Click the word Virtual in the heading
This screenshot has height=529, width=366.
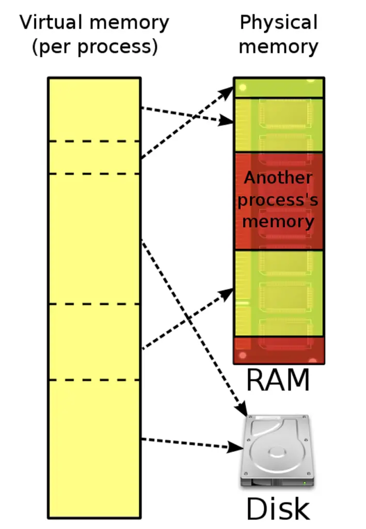[x=51, y=22]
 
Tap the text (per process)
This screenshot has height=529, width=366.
[x=94, y=47]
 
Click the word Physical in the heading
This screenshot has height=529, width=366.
[x=279, y=23]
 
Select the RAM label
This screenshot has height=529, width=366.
[x=278, y=380]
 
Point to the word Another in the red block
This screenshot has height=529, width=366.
[x=278, y=178]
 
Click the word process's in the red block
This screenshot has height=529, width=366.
[x=278, y=200]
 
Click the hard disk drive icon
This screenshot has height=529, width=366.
[x=277, y=451]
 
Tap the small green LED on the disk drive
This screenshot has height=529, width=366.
[x=305, y=483]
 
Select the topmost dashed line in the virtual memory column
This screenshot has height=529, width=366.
[x=94, y=142]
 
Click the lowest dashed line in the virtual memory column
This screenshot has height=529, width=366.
[x=94, y=380]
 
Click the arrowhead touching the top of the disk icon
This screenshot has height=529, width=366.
[x=242, y=409]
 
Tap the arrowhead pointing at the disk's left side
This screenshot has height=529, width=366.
[x=235, y=447]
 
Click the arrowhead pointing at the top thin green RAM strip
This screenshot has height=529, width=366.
[x=226, y=93]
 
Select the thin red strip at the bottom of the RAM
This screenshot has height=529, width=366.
[x=279, y=350]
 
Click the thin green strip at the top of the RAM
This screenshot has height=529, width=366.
[x=279, y=88]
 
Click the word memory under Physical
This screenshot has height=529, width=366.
[x=278, y=47]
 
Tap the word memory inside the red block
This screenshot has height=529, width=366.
[x=278, y=222]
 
